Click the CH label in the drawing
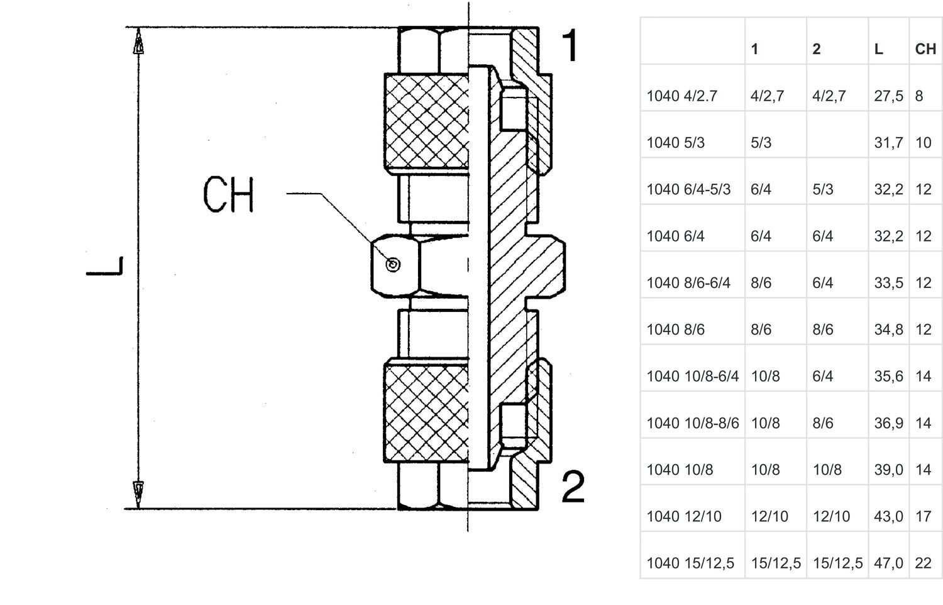[x=229, y=194]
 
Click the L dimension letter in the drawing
[x=105, y=266]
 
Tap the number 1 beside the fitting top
[x=570, y=45]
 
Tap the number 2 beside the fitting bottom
[x=573, y=486]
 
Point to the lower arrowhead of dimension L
[x=139, y=491]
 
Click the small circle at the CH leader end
[x=393, y=265]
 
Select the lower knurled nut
[x=426, y=414]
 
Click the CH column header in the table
[x=925, y=49]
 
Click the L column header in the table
[x=878, y=49]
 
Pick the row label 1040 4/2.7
[x=681, y=96]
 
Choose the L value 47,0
[x=888, y=563]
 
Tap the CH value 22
[x=923, y=563]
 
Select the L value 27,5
[x=888, y=96]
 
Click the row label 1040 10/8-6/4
[x=692, y=376]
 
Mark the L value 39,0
[x=888, y=470]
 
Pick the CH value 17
[x=923, y=516]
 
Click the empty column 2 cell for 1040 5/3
[x=837, y=143]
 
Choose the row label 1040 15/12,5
[x=690, y=563]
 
